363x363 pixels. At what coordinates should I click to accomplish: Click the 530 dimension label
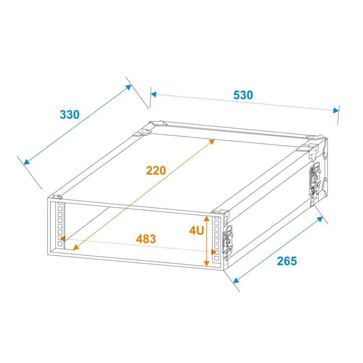[243, 95]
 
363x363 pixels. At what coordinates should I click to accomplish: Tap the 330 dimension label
[69, 115]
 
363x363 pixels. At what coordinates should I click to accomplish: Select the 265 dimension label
[287, 261]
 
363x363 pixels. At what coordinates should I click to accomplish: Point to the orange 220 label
[156, 171]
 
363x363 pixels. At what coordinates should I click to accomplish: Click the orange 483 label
[146, 239]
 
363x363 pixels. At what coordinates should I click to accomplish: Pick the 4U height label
[196, 231]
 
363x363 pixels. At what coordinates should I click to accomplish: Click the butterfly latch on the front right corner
[228, 240]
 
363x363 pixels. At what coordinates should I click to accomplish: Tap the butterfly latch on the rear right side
[315, 178]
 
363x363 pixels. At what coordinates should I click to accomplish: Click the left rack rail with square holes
[60, 225]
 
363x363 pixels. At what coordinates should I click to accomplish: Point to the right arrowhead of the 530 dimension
[336, 110]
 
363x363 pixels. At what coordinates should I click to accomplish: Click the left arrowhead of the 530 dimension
[154, 94]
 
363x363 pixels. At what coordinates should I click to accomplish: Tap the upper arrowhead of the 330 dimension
[129, 87]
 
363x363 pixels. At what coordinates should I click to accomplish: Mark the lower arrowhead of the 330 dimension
[26, 162]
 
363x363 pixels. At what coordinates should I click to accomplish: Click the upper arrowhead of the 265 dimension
[320, 219]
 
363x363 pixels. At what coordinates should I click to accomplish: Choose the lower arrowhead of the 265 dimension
[236, 280]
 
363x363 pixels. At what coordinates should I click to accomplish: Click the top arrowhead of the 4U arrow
[207, 219]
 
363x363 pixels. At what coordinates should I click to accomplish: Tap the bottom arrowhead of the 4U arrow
[207, 263]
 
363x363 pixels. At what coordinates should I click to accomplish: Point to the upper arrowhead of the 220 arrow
[211, 142]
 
